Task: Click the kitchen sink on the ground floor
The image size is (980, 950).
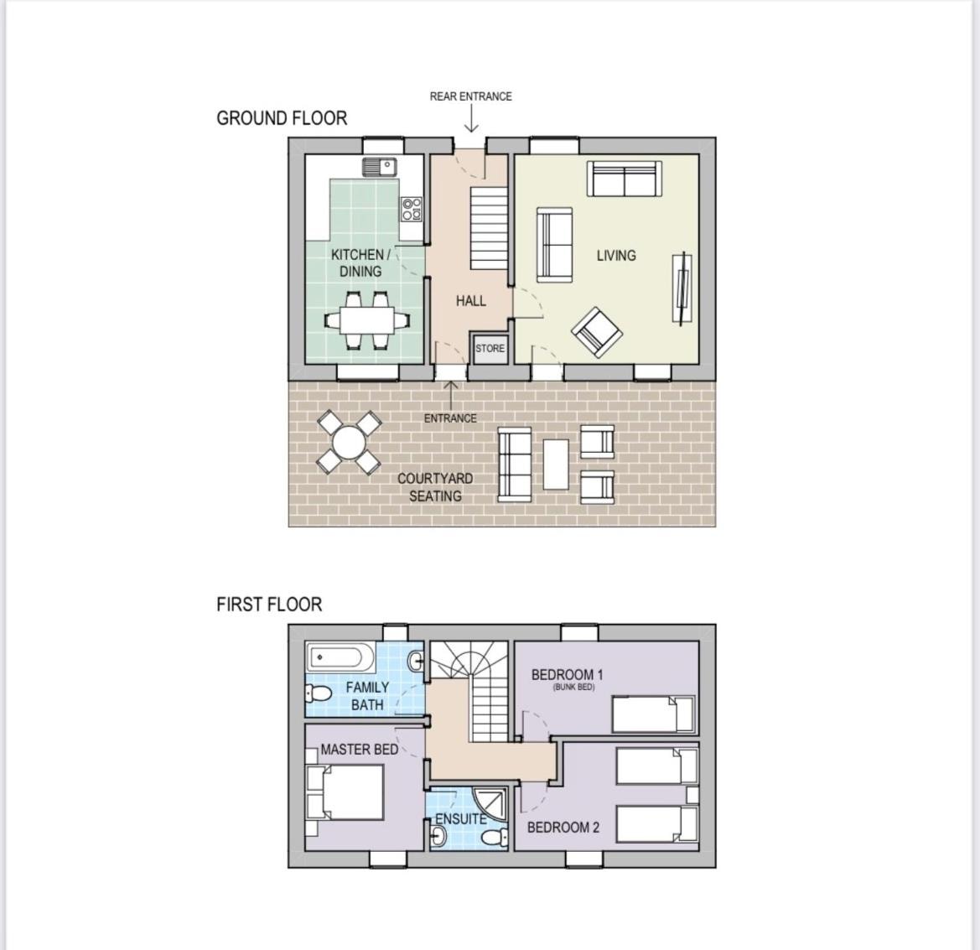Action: pos(380,167)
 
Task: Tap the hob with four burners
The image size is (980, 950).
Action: pos(412,209)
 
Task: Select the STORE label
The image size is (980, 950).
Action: pos(490,348)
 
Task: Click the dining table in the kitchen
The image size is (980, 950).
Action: pos(367,320)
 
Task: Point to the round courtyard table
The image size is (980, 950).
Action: pos(349,443)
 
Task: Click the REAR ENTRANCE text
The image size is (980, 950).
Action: pos(470,96)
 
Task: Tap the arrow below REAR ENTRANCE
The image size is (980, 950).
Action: pos(471,119)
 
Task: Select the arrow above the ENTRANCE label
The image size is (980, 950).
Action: pos(451,394)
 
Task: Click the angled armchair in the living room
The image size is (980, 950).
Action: pos(598,332)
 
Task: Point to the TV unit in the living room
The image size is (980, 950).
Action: pos(682,288)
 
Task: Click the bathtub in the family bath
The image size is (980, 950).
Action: pos(340,657)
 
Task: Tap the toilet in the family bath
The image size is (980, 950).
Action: pos(318,693)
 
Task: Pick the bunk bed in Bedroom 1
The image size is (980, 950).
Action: pos(653,714)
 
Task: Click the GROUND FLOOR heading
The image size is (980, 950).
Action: pos(281,118)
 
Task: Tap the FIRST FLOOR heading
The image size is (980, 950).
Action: pos(269,605)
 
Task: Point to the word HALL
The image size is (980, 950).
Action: pos(470,301)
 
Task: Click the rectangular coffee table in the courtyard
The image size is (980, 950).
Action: pos(556,465)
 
